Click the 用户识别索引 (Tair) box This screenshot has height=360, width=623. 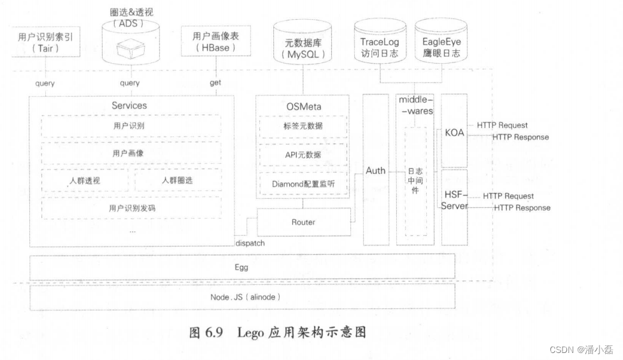[x=45, y=43]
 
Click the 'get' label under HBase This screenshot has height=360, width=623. [x=215, y=83]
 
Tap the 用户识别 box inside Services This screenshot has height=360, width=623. [x=131, y=126]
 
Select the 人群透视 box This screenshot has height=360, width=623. [x=85, y=180]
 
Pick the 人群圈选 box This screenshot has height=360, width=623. [x=176, y=180]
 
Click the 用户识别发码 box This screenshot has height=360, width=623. [x=131, y=208]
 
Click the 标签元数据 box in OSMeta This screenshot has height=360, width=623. [x=303, y=126]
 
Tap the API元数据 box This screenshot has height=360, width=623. [x=303, y=154]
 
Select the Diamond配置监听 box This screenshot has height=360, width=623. [x=303, y=184]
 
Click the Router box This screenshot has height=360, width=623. [x=303, y=222]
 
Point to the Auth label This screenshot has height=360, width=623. [x=375, y=171]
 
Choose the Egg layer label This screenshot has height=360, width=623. [x=241, y=267]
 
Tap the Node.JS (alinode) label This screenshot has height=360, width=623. [x=245, y=298]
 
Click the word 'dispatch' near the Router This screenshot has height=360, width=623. [x=250, y=243]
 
